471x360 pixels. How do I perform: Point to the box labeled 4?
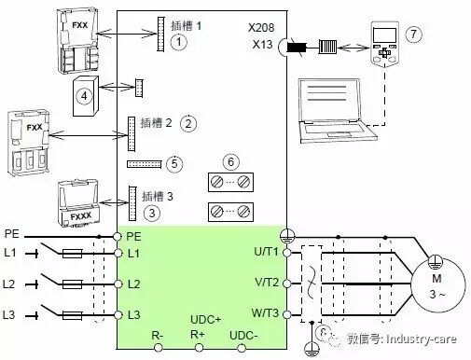pyautogui.click(x=86, y=94)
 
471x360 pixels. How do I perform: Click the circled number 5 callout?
pyautogui.click(x=174, y=163)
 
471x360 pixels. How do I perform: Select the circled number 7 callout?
pyautogui.click(x=413, y=34)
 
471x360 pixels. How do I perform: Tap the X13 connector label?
pyautogui.click(x=266, y=44)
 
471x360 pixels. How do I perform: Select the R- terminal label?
pyautogui.click(x=158, y=333)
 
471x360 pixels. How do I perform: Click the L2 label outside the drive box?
pyautogui.click(x=11, y=282)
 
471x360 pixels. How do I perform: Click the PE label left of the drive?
pyautogui.click(x=11, y=234)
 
